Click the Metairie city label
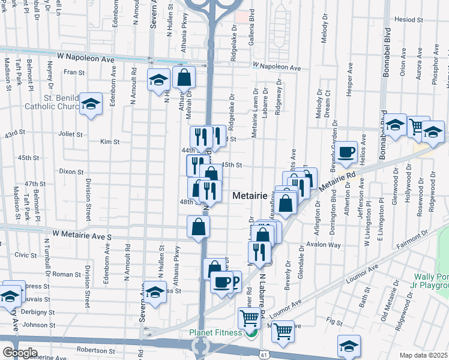(x=249, y=196)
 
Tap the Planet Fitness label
(x=215, y=333)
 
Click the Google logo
(x=20, y=353)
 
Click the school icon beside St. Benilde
(x=91, y=104)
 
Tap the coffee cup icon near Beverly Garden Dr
(x=346, y=152)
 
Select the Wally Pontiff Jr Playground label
(x=431, y=281)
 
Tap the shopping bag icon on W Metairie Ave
(x=198, y=227)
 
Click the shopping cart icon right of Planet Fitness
(x=282, y=330)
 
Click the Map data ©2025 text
(x=424, y=355)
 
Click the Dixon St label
(x=71, y=171)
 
